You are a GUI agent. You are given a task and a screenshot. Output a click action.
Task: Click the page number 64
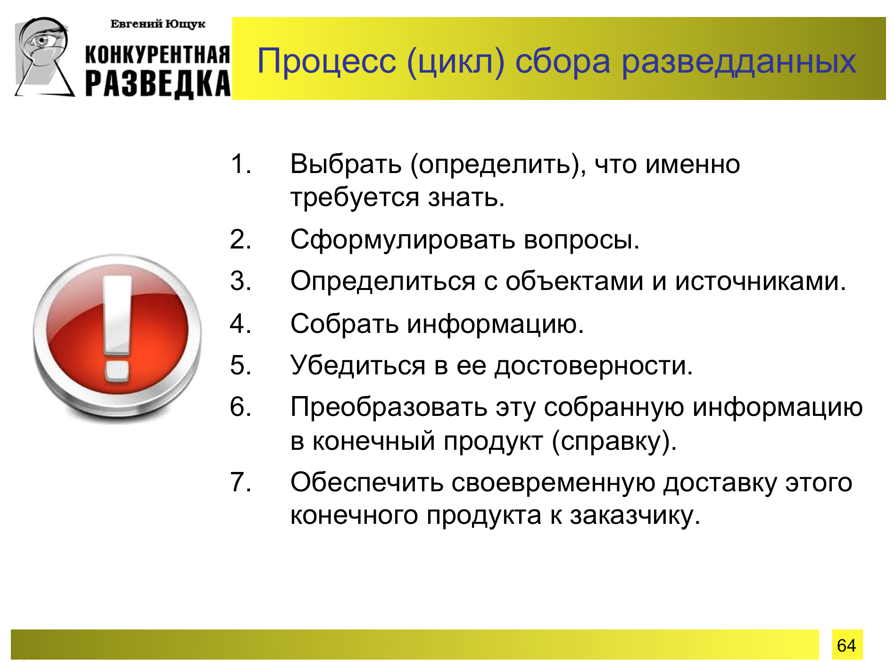pyautogui.click(x=846, y=645)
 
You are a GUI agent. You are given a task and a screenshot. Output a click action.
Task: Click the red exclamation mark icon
pyautogui.click(x=117, y=338)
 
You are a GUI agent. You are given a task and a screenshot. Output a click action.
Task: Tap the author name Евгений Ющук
pyautogui.click(x=157, y=24)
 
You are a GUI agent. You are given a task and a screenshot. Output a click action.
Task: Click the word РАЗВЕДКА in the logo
pyautogui.click(x=158, y=84)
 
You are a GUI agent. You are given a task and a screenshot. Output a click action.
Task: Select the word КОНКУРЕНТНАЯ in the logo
pyautogui.click(x=157, y=55)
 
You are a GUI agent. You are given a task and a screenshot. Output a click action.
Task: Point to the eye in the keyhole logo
pyautogui.click(x=43, y=41)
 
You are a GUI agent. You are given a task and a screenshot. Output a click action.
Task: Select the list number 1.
pyautogui.click(x=240, y=164)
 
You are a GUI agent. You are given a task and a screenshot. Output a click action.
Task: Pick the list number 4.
pyautogui.click(x=240, y=324)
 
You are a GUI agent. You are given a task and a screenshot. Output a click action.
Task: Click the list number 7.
pyautogui.click(x=240, y=482)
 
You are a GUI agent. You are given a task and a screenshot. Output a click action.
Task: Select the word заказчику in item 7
pyautogui.click(x=635, y=516)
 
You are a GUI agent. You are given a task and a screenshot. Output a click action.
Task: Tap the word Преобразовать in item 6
pyautogui.click(x=389, y=407)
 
